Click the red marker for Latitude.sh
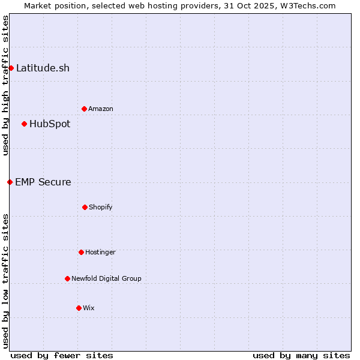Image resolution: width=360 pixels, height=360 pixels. (11, 68)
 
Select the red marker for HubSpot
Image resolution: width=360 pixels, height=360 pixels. (24, 124)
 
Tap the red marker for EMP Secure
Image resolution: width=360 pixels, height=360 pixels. (10, 182)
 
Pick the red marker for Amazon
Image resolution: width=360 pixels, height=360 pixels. (84, 109)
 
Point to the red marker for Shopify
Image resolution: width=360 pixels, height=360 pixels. (85, 207)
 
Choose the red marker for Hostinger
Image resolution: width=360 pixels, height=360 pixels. (81, 252)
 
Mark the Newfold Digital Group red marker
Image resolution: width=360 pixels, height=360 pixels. (67, 278)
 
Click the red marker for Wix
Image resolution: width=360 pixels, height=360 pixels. (79, 308)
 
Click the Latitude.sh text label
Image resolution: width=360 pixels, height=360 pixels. (43, 68)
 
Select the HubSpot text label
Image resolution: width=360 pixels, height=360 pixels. (50, 124)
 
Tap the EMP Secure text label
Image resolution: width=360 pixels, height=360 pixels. (43, 182)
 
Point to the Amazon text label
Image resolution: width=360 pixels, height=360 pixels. (101, 109)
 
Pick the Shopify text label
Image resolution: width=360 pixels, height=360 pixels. (101, 207)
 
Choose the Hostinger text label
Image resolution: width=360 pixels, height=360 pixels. (100, 252)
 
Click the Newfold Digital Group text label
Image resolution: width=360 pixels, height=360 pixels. (106, 278)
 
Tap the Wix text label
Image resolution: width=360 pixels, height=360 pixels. (89, 308)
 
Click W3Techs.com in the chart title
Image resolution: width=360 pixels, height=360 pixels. (307, 5)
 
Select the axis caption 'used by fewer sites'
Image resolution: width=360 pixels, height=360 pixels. (62, 355)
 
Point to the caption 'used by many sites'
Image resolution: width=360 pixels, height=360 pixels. (301, 355)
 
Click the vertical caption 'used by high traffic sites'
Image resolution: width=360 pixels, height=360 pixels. (5, 85)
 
